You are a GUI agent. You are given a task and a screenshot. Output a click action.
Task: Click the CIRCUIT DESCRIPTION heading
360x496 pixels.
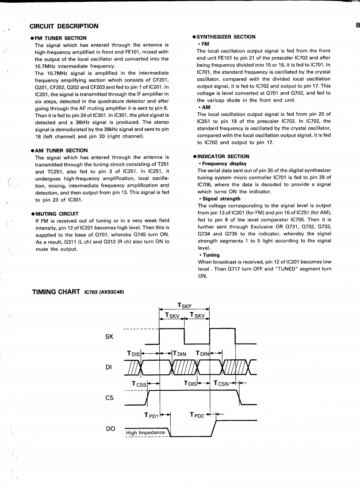(x=64, y=26)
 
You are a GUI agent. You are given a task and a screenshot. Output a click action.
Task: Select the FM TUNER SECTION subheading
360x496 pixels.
(x=60, y=38)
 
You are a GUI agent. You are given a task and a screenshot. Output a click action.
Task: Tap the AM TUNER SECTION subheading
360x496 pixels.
(x=60, y=150)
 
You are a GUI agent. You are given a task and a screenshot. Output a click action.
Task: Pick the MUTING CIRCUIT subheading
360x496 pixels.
(x=57, y=214)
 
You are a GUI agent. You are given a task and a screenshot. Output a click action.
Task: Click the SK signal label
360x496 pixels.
(x=109, y=337)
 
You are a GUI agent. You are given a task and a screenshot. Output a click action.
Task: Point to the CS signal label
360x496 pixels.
(x=109, y=398)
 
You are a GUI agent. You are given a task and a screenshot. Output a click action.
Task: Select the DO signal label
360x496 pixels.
(x=109, y=428)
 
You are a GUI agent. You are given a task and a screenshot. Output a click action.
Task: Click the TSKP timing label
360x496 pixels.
(x=184, y=305)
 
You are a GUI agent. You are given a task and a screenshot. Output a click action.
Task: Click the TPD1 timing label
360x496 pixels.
(x=152, y=415)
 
